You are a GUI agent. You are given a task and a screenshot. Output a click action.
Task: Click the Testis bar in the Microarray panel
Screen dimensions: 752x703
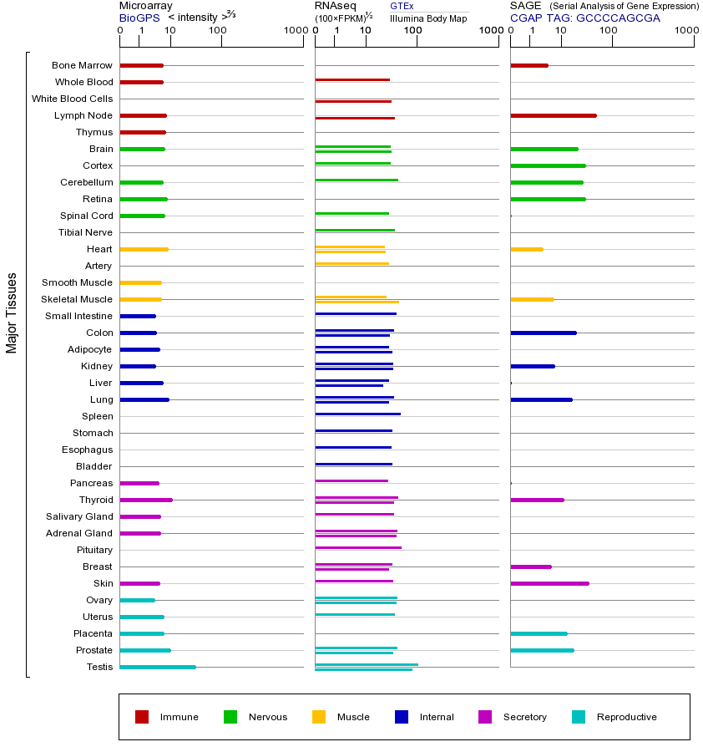click(158, 667)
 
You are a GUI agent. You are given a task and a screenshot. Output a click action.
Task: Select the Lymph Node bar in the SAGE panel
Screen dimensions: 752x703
click(553, 115)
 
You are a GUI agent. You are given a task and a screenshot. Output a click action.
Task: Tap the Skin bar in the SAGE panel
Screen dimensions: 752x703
click(549, 583)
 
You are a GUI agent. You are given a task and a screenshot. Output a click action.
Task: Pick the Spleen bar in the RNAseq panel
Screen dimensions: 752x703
click(357, 414)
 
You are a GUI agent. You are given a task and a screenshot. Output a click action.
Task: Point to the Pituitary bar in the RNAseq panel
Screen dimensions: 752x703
click(358, 547)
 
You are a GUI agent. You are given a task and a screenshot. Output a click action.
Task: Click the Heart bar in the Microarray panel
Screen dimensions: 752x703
click(144, 249)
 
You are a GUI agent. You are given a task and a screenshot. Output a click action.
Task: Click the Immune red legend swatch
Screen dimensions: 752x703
click(142, 717)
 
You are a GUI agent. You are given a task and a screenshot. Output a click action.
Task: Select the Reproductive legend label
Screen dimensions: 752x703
click(626, 717)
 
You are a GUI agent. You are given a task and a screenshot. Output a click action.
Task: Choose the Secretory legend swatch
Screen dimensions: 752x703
click(485, 717)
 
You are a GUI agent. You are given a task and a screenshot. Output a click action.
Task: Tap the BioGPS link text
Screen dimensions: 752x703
click(137, 18)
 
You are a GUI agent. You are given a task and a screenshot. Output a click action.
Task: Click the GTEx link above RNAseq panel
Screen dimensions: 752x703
click(402, 7)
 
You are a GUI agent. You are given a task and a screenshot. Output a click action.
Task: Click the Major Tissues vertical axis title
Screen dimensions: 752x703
click(12, 312)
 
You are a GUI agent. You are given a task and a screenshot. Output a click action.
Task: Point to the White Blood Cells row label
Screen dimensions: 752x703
click(72, 99)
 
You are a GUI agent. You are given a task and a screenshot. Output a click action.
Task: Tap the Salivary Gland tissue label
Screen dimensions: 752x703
click(79, 516)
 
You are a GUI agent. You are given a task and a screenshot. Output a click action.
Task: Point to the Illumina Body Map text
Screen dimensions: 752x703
click(428, 18)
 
